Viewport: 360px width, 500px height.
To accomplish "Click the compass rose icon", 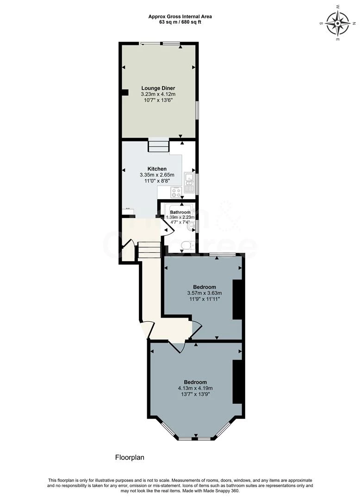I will coord(337,23).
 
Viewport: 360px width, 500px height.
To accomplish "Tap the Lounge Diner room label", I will coord(158,88).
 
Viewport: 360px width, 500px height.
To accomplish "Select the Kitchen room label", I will coord(157,169).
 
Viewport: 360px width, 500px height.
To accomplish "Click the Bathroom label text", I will coord(180,212).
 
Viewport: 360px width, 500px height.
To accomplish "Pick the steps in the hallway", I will coord(149,250).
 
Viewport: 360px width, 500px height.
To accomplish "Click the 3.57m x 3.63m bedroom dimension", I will coord(205,293).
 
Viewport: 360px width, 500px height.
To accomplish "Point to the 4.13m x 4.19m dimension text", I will coord(195,388).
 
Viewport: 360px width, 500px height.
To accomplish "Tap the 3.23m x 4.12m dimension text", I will coord(158,94).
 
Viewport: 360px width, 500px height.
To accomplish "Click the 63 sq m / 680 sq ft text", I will coord(180,22).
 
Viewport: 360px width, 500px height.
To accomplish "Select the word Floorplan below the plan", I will coord(130,457).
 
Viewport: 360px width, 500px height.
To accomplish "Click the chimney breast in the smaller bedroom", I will coord(237,300).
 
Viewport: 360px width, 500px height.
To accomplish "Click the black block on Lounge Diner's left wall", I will coord(124,92).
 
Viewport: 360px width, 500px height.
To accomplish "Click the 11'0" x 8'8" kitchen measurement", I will coord(157,181).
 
